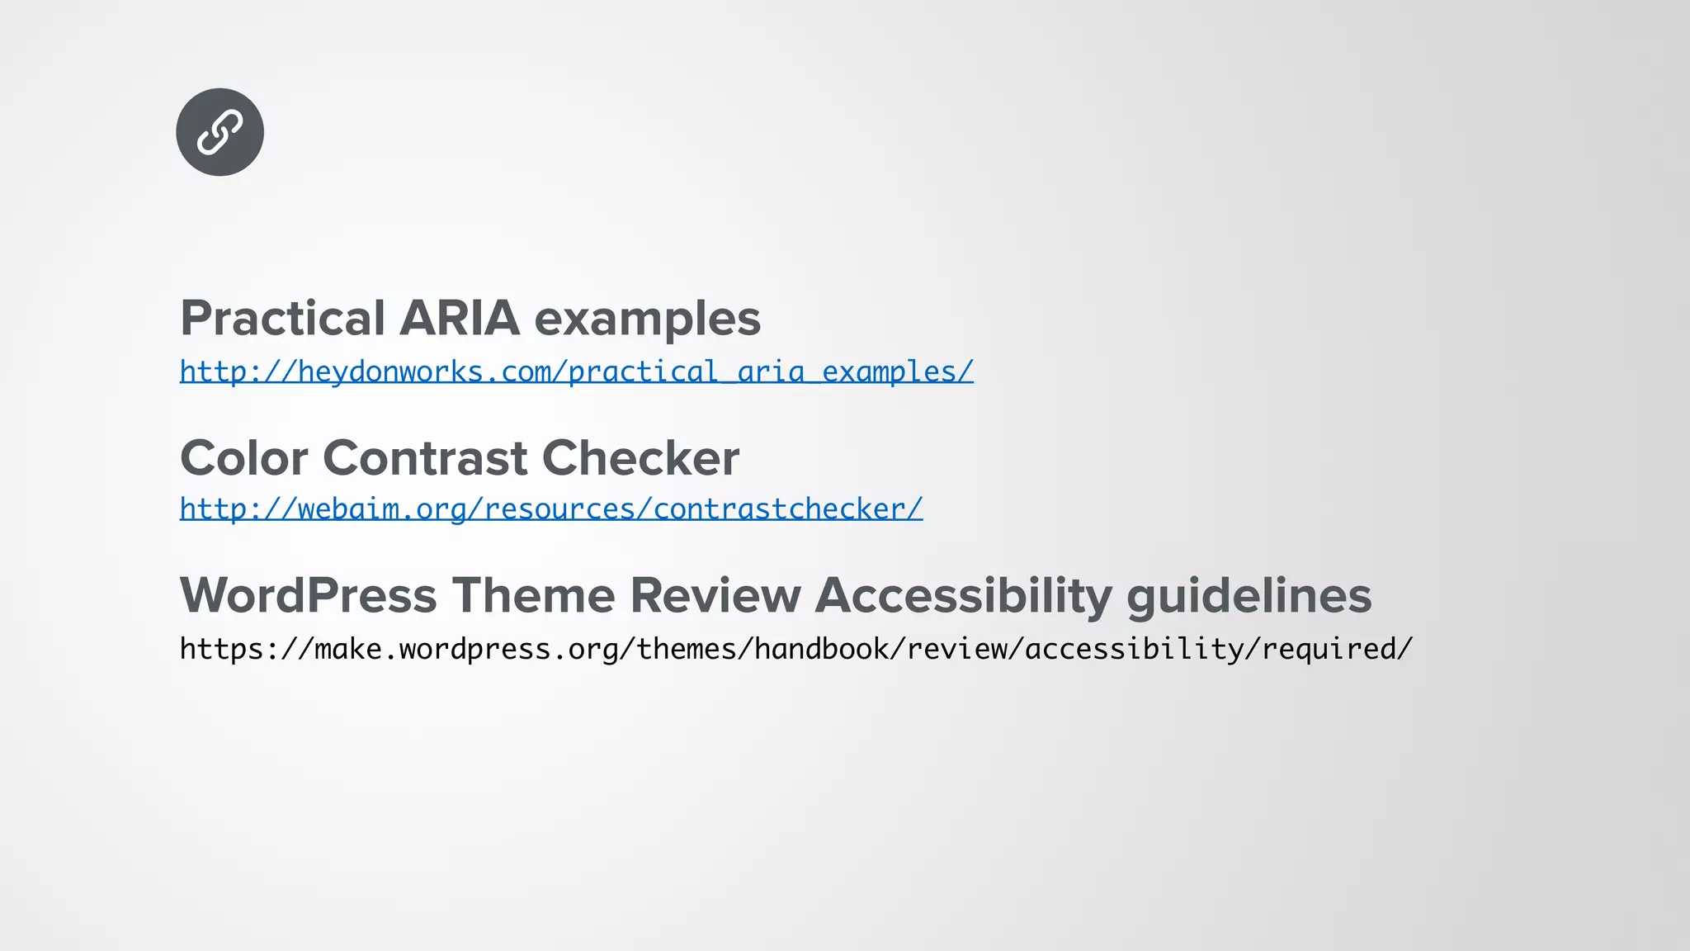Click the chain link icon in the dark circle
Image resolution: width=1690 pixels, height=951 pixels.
[x=220, y=132]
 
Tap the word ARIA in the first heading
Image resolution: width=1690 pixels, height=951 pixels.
[x=460, y=319]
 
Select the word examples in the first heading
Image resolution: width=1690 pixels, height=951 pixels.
[x=648, y=319]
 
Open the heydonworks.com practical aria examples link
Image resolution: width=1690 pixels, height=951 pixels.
[x=576, y=371]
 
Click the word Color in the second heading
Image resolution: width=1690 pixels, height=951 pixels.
[x=243, y=458]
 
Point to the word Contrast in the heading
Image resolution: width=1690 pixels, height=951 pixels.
[x=424, y=458]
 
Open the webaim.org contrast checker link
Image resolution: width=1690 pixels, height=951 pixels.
[x=550, y=509]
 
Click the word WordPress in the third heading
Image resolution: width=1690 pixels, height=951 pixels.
[x=308, y=595]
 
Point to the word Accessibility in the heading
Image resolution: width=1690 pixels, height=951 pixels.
[x=963, y=595]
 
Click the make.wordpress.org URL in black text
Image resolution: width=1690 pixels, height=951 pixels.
[x=795, y=649]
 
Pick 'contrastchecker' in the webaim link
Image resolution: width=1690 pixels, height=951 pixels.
[x=779, y=509]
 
